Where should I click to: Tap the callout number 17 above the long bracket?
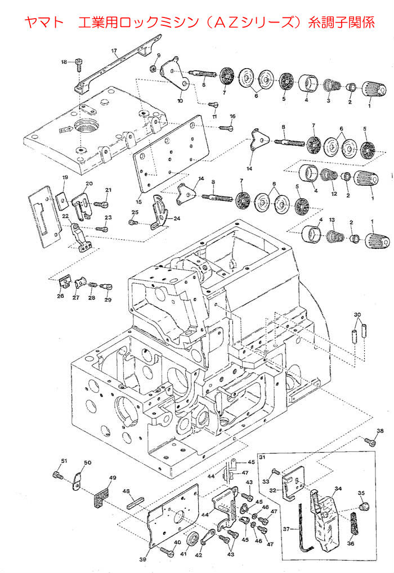114,51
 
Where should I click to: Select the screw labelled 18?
79,67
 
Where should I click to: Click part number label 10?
180,101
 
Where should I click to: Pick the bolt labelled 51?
57,476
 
